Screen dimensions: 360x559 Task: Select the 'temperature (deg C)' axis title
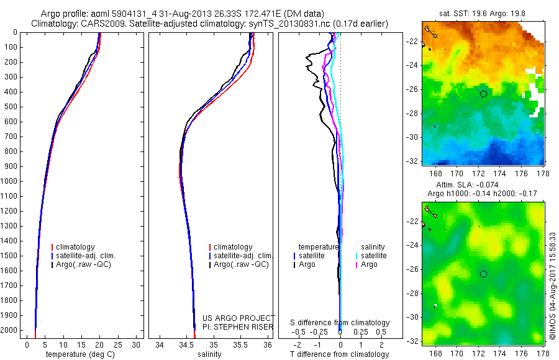click(80, 354)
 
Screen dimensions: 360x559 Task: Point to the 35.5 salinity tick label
click(240, 344)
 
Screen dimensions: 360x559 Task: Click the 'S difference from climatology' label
click(340, 323)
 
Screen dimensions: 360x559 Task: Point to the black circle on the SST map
click(483, 94)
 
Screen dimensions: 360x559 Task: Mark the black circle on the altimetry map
click(483, 274)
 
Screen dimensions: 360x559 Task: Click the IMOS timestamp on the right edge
click(552, 286)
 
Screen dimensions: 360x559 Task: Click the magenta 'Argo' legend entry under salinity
click(369, 264)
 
